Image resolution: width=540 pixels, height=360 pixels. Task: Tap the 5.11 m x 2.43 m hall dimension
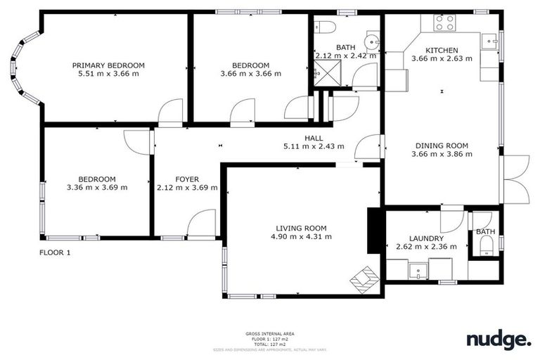click(314, 146)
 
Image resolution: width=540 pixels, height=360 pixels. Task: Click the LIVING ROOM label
click(301, 228)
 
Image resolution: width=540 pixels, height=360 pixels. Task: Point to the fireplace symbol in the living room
click(364, 280)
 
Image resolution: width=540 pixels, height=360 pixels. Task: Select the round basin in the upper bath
click(370, 40)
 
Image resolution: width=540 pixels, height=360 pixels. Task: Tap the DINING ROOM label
click(439, 146)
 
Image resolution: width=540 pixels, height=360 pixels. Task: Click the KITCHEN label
click(442, 51)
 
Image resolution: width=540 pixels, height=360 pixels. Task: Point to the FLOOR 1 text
click(54, 252)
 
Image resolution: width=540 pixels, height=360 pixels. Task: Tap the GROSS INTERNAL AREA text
click(270, 333)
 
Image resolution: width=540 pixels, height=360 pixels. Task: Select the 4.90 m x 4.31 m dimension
click(301, 237)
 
